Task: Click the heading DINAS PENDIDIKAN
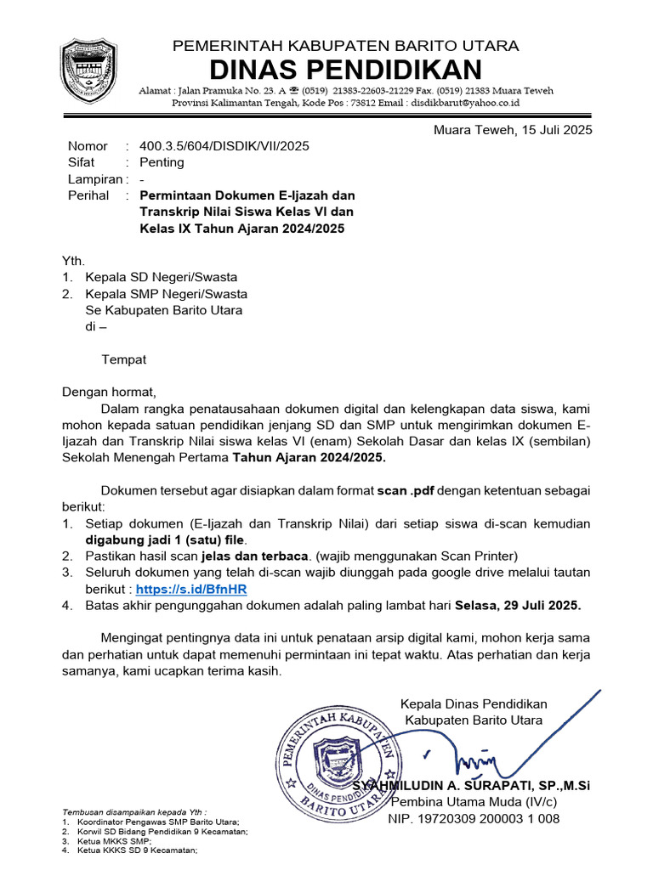[345, 70]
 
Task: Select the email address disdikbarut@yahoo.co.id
[465, 103]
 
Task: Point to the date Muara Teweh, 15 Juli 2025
[513, 130]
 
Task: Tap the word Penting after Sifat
[162, 162]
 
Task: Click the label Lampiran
[94, 179]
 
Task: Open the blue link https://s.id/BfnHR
[191, 589]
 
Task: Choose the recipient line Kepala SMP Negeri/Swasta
[166, 294]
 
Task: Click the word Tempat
[124, 359]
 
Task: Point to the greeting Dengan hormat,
[110, 393]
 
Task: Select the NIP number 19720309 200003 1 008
[474, 819]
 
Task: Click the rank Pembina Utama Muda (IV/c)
[474, 803]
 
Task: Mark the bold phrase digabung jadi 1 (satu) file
[165, 540]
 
